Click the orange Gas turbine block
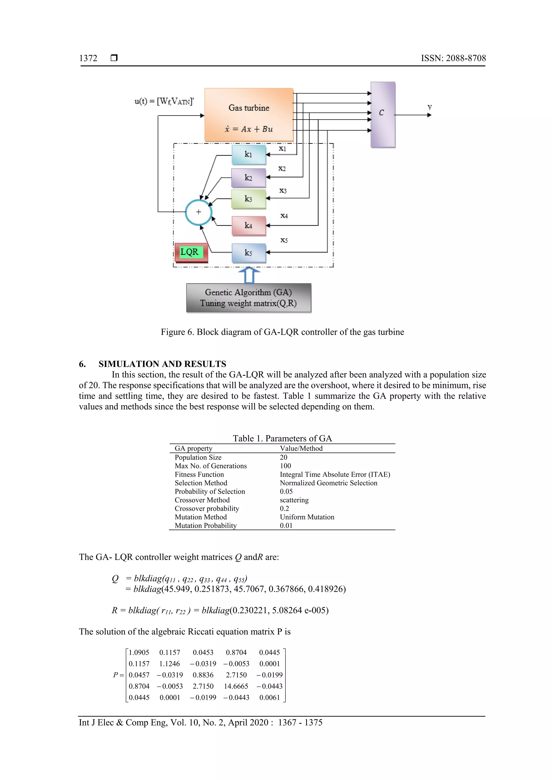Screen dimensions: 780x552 tap(249, 114)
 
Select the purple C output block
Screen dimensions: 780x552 tap(383, 114)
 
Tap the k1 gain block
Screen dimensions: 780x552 tap(249, 155)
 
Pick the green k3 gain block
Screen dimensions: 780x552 tap(249, 199)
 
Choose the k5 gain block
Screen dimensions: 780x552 tap(249, 253)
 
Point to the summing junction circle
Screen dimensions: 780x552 tap(198, 212)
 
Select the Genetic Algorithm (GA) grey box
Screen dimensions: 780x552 tap(249, 298)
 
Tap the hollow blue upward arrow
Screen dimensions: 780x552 tap(249, 275)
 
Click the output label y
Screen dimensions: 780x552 tap(430, 107)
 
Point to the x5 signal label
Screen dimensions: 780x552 tap(284, 240)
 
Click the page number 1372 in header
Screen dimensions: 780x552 tap(88, 58)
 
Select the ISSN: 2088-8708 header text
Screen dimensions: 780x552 tap(453, 58)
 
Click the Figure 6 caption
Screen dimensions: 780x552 tap(282, 332)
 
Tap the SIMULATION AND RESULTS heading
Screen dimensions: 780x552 tap(162, 364)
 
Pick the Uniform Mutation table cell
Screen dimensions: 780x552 tap(307, 517)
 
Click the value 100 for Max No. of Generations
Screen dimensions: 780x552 tap(285, 466)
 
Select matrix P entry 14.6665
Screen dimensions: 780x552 tap(236, 686)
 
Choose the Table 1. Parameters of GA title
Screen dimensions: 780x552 tap(282, 438)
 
